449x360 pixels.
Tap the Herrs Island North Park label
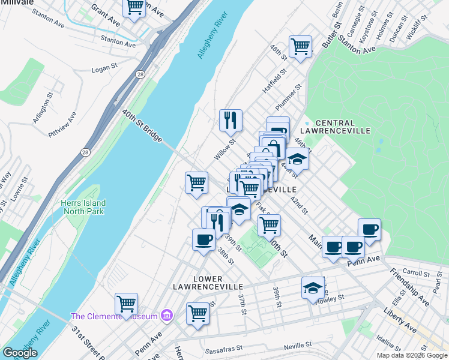[x=82, y=207]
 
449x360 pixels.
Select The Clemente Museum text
[x=114, y=316]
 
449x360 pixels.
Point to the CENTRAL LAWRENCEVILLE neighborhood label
[x=343, y=126]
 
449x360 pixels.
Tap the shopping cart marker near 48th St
[x=300, y=47]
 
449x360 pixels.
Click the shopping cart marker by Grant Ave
[x=134, y=7]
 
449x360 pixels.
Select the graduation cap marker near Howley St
[x=313, y=288]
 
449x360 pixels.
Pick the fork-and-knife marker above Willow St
[x=231, y=121]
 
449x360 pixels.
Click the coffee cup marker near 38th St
[x=203, y=241]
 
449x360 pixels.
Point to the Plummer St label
[x=290, y=96]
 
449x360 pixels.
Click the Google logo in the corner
[x=20, y=353]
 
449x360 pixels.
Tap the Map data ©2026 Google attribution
[x=412, y=355]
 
